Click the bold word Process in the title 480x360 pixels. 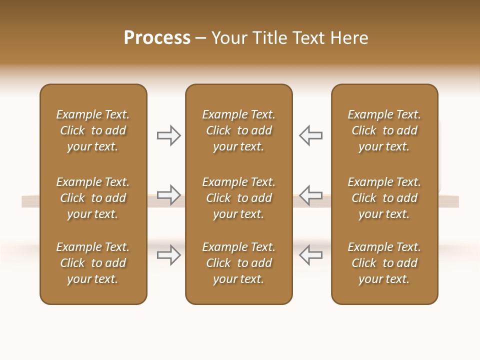tap(157, 38)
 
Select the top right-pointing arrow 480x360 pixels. tap(168, 135)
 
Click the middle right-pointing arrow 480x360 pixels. tap(168, 194)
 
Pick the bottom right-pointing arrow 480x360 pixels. tap(168, 255)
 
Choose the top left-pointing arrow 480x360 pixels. tap(310, 135)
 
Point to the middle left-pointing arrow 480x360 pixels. tap(310, 194)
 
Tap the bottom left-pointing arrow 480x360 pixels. tap(310, 255)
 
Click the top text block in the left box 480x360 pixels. tap(93, 130)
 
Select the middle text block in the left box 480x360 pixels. tap(93, 198)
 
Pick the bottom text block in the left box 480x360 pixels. tap(93, 263)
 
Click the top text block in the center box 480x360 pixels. tap(238, 130)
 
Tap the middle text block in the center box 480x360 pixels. tap(238, 198)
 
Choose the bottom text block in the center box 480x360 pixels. tap(238, 263)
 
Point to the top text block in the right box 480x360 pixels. tap(384, 130)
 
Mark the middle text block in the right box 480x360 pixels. tap(384, 198)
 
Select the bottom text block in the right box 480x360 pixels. tap(384, 263)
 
